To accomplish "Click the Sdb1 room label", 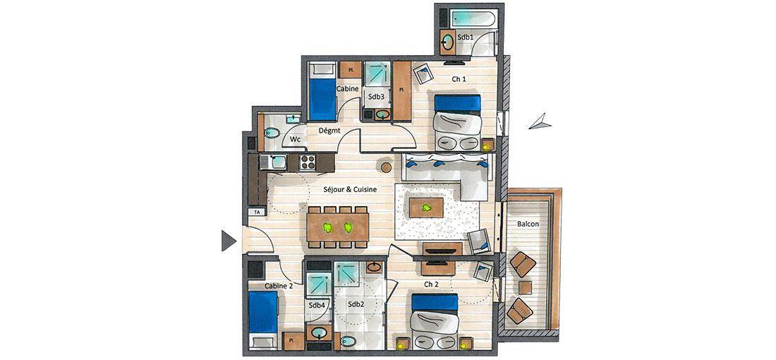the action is tap(464, 37).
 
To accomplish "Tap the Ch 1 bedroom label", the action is tap(459, 79).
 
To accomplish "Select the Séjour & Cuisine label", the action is tap(351, 189).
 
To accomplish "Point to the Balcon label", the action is tap(528, 224).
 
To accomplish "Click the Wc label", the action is tap(295, 140).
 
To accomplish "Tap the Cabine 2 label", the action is tap(279, 286).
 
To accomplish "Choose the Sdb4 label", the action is tap(317, 306).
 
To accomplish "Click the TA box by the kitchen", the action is tap(256, 212).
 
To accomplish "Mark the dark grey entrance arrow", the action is tap(228, 241).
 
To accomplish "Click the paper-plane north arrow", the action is tap(540, 122).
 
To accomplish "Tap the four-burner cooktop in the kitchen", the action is tap(308, 162).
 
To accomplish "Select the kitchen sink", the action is tap(273, 162).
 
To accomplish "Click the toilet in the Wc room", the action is tap(272, 133).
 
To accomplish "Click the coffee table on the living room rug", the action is tap(426, 208).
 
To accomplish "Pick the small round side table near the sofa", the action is tap(387, 167).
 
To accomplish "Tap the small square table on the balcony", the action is tap(525, 288).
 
